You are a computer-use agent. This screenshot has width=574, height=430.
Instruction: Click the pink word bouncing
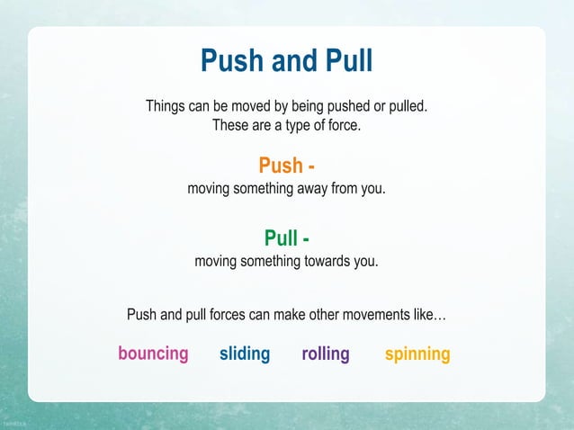(x=153, y=354)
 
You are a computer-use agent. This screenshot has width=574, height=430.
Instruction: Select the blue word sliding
(x=245, y=354)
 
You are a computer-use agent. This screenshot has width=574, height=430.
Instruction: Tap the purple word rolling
(x=326, y=354)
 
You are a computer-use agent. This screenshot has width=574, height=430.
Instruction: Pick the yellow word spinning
(x=417, y=354)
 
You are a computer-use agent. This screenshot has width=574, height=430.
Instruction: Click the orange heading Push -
(x=286, y=166)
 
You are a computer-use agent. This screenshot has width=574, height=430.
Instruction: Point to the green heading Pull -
(x=286, y=238)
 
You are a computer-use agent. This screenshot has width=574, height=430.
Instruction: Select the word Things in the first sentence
(x=168, y=107)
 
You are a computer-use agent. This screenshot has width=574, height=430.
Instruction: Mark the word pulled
(x=405, y=107)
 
